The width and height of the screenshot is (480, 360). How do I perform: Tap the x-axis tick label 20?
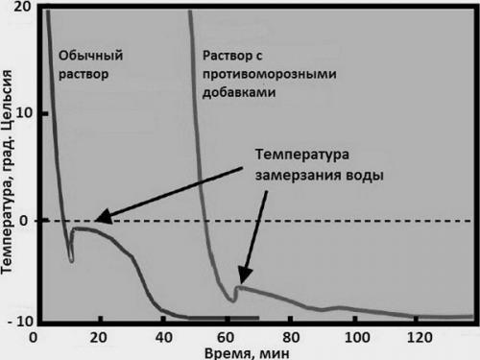[x=98, y=337]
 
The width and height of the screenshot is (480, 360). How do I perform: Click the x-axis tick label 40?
[x=163, y=337]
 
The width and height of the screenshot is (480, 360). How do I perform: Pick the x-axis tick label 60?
[x=228, y=337]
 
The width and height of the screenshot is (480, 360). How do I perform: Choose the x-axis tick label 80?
[x=293, y=337]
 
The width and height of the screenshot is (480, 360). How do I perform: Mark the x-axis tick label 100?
[x=357, y=337]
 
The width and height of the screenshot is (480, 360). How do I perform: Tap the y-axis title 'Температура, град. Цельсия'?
[x=9, y=173]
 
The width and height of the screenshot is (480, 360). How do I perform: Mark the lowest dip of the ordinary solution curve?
[x=71, y=259]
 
